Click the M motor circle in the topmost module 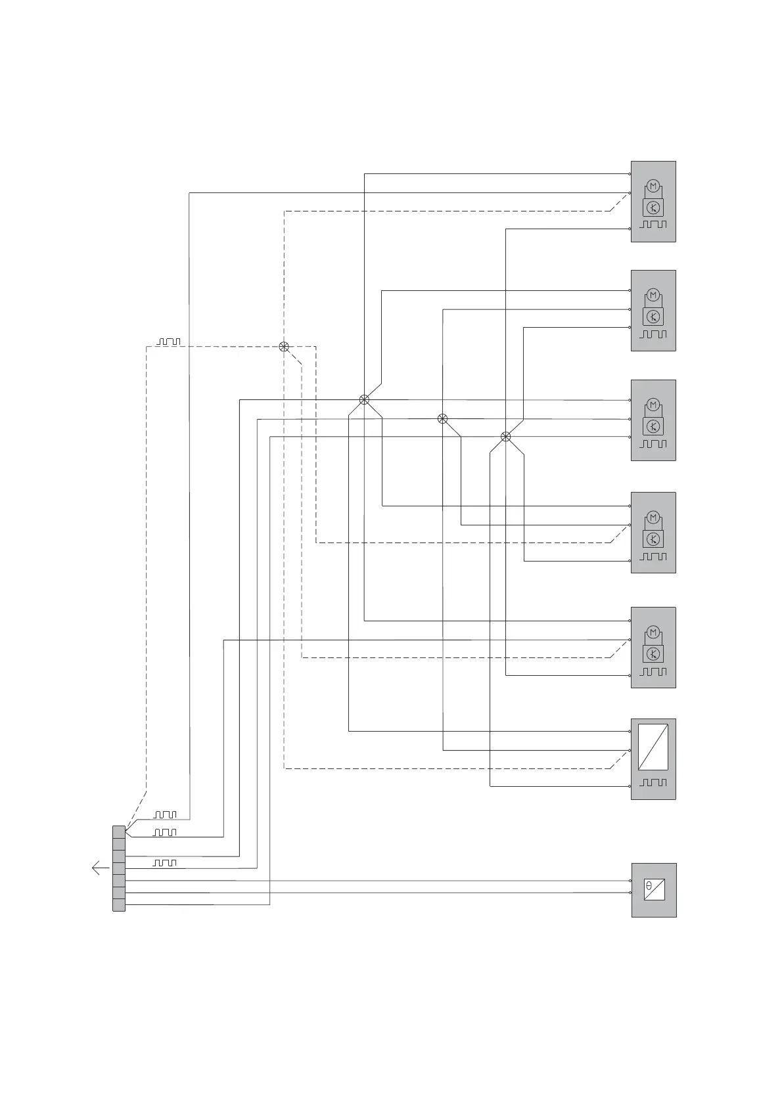653,187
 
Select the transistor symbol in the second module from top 653,317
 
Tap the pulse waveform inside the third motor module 653,444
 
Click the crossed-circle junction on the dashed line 284,347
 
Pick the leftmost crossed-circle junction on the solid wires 364,399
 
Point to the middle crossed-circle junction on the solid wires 443,418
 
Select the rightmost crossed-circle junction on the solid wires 505,437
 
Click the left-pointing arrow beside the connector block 100,868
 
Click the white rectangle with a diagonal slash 653,747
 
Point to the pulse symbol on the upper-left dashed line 168,342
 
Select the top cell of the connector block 119,831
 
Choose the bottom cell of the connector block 119,905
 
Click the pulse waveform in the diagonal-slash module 653,783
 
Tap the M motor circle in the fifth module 653,633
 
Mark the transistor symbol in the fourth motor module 653,539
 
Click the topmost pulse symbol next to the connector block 165,814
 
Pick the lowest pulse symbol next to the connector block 164,862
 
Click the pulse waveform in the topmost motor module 653,225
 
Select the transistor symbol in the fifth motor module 653,653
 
